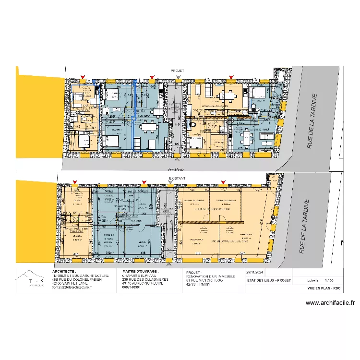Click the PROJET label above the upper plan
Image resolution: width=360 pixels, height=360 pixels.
[177, 70]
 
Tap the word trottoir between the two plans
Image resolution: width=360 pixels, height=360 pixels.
[176, 170]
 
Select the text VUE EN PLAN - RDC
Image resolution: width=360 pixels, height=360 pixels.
[324, 288]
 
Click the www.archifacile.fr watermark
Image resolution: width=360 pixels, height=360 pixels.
[330, 303]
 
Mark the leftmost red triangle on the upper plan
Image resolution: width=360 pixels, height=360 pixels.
[83, 77]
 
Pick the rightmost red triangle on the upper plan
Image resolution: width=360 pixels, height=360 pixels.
[231, 77]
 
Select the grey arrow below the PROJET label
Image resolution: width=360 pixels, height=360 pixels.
[178, 77]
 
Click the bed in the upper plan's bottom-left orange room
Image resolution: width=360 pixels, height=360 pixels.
[83, 141]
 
